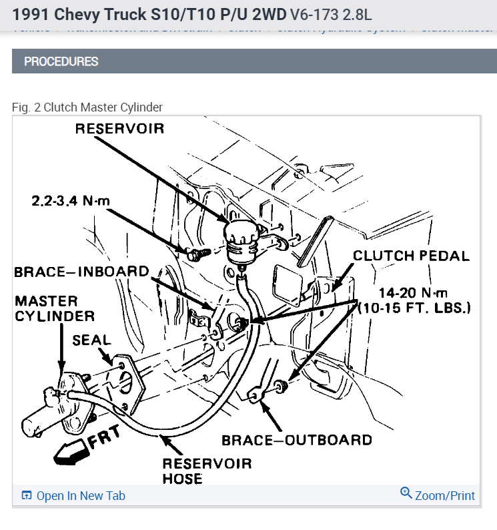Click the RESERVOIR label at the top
pos(119,128)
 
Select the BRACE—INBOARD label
pos(81,272)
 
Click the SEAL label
pos(91,340)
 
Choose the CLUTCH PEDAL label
pos(411,256)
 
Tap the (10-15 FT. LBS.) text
pos(414,308)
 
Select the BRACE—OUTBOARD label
pos(296,440)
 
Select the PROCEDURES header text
pos(61,61)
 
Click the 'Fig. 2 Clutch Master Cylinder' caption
pos(87,107)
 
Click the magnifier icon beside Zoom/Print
pos(406,494)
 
